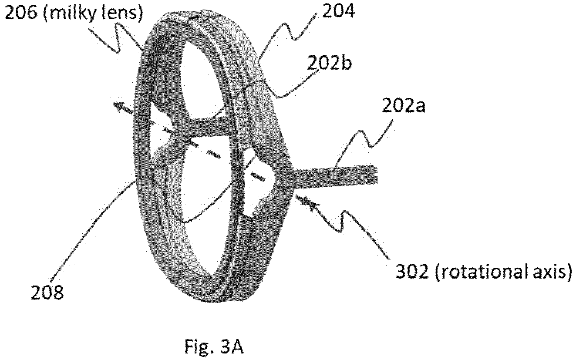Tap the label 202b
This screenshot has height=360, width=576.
[x=330, y=63]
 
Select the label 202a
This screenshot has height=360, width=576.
[x=404, y=106]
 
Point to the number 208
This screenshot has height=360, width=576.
[x=47, y=293]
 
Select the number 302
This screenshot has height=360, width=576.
[x=412, y=272]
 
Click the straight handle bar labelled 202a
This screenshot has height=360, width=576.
[x=334, y=175]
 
